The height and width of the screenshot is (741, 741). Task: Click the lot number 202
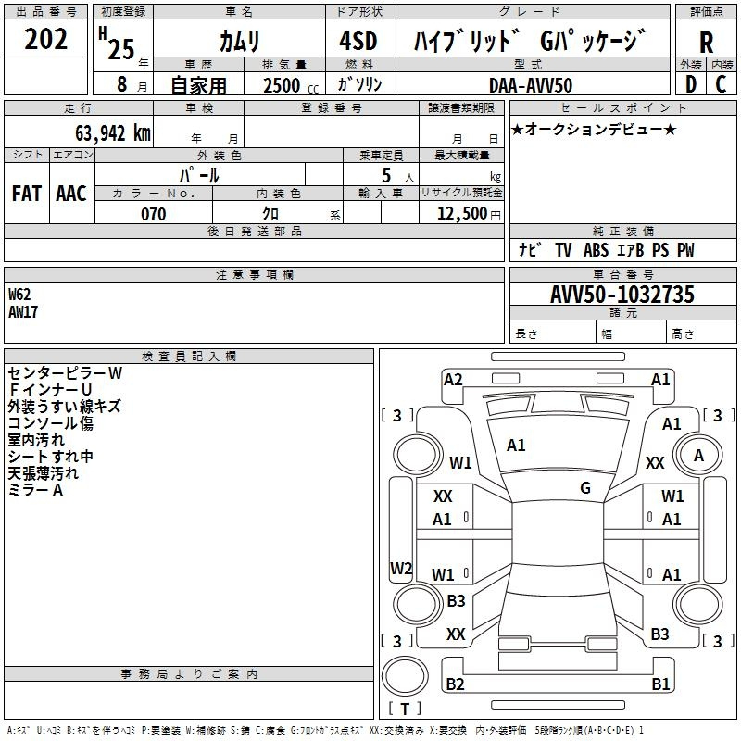(x=47, y=41)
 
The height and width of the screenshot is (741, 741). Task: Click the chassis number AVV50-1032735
(x=622, y=295)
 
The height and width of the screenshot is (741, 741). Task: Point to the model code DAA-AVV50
(x=531, y=84)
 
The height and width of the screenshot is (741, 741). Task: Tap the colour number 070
(x=154, y=214)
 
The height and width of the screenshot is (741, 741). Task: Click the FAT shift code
(x=26, y=193)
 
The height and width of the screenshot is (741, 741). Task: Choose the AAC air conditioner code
(x=70, y=193)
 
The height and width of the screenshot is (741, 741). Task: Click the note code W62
(x=19, y=295)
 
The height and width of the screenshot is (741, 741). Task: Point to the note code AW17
(x=23, y=311)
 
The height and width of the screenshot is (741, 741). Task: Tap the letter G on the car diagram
(x=585, y=488)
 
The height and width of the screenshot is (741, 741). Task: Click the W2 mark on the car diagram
(x=401, y=568)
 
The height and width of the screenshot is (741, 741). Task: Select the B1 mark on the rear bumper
(x=660, y=684)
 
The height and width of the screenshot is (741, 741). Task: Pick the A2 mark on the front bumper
(x=453, y=379)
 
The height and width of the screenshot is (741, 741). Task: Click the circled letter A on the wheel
(x=699, y=455)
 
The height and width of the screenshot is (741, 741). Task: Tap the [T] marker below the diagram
(x=405, y=709)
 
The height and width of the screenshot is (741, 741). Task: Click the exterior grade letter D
(x=690, y=84)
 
